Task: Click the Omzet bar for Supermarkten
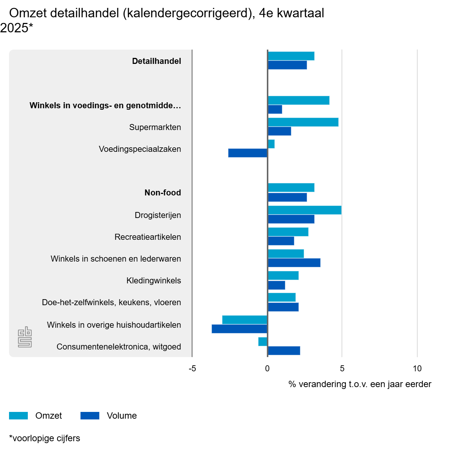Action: coord(303,122)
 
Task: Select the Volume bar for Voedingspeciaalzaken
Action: coord(248,153)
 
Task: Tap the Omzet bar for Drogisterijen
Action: coord(304,210)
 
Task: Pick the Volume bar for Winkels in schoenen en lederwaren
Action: coord(294,263)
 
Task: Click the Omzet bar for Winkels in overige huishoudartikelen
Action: coord(245,320)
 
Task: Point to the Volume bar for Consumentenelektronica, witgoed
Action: coord(284,351)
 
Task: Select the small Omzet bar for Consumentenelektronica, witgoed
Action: coord(263,342)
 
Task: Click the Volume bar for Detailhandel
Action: coord(287,65)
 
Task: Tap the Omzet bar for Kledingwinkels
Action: coord(283,275)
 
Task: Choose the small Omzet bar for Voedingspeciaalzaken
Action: coord(271,144)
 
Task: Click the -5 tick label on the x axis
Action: coord(192,369)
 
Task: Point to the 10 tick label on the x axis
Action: coord(417,369)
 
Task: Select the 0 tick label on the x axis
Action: coord(267,369)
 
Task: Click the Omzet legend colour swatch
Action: coord(18,416)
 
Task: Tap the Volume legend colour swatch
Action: coord(90,416)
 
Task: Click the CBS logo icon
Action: coord(25,337)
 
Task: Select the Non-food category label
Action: coord(163,193)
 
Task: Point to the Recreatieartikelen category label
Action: coord(148,237)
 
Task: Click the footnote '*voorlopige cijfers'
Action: coord(45,438)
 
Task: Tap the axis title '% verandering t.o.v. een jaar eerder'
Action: coord(360,384)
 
